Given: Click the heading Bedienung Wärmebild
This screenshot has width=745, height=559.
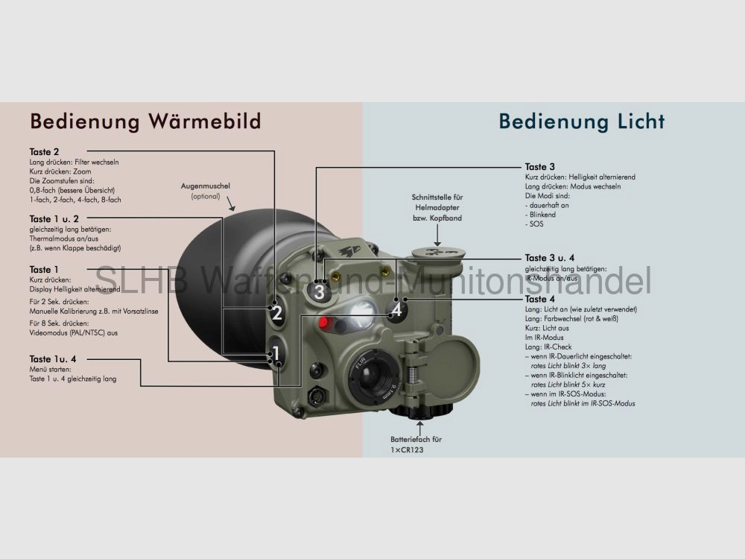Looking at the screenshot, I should click(x=145, y=121).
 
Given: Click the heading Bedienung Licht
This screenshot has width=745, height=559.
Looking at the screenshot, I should click(x=582, y=121).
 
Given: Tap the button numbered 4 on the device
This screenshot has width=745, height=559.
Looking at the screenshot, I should click(x=396, y=309).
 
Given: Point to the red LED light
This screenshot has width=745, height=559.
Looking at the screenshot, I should click(x=324, y=323).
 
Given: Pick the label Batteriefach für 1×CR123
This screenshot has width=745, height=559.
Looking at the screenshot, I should click(x=411, y=445).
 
